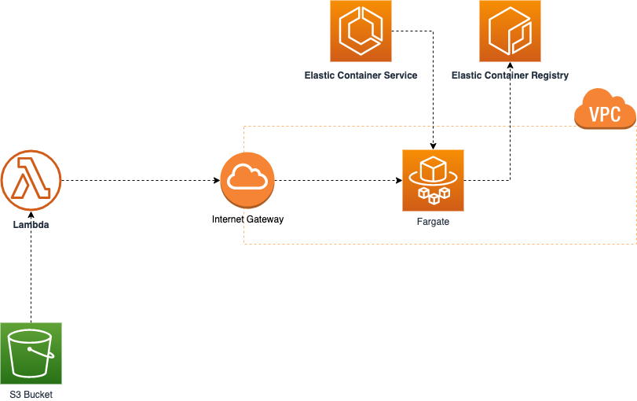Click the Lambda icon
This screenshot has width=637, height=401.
[x=31, y=181]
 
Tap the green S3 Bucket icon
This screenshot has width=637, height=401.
[x=31, y=353]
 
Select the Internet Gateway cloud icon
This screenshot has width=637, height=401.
[x=247, y=180]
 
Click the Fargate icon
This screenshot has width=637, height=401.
[x=433, y=180]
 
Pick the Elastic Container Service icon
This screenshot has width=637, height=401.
[x=361, y=31]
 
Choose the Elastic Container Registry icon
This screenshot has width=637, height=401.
[x=511, y=31]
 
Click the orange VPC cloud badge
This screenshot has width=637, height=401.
[x=605, y=110]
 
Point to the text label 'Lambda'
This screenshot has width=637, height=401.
[x=31, y=225]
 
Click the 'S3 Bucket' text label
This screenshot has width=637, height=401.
[x=31, y=395]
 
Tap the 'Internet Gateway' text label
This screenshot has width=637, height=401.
[x=247, y=219]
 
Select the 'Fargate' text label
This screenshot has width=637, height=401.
[x=433, y=223]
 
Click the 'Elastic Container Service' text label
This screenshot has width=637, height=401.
[x=361, y=75]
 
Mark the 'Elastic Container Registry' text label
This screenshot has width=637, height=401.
[x=511, y=75]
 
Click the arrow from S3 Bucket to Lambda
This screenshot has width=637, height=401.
[x=31, y=267]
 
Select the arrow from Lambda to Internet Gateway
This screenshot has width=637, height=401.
[x=141, y=181]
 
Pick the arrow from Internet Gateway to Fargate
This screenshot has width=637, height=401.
[x=338, y=181]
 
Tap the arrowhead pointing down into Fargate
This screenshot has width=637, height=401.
[x=433, y=145]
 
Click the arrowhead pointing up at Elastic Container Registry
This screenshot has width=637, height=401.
[x=511, y=65]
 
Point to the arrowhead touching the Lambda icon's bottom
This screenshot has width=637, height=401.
[x=31, y=215]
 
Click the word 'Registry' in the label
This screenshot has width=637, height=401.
[x=551, y=75]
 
